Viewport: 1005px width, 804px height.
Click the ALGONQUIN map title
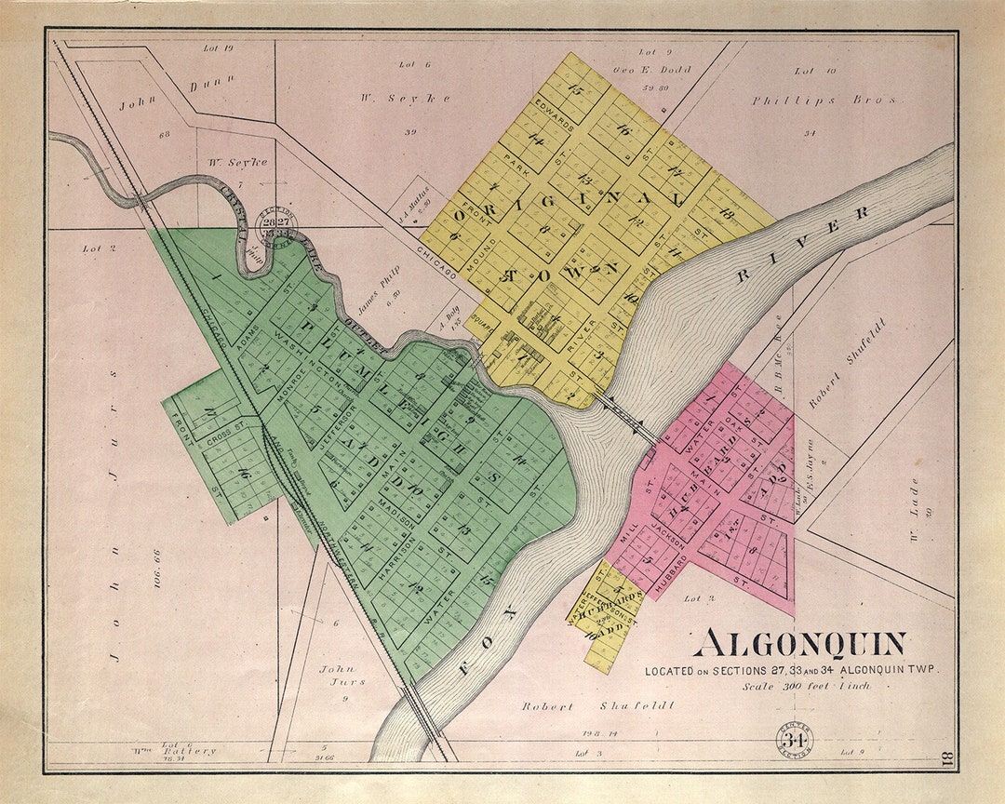click(801, 644)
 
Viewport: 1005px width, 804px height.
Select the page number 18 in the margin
click(945, 757)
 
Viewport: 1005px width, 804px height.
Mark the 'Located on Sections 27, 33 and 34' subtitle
click(793, 670)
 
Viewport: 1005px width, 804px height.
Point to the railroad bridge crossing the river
click(423, 717)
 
